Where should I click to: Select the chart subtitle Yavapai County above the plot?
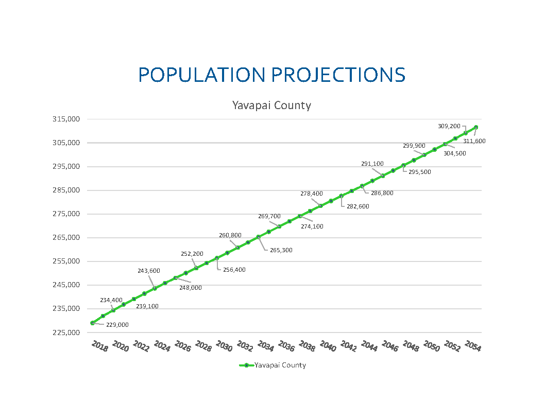tap(271, 106)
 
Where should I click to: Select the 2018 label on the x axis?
tap(99, 346)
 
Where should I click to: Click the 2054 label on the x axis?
tap(473, 346)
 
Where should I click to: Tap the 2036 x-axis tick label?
tap(286, 346)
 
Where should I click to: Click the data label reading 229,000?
tap(117, 325)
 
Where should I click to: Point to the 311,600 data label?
tap(474, 141)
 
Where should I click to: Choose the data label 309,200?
tap(449, 126)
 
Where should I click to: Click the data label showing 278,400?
tap(312, 194)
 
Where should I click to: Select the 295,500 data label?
tap(419, 172)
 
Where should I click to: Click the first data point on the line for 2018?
tap(93, 323)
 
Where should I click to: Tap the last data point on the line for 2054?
tap(476, 127)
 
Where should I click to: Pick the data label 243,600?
tap(148, 271)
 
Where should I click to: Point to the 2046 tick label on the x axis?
tap(390, 346)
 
